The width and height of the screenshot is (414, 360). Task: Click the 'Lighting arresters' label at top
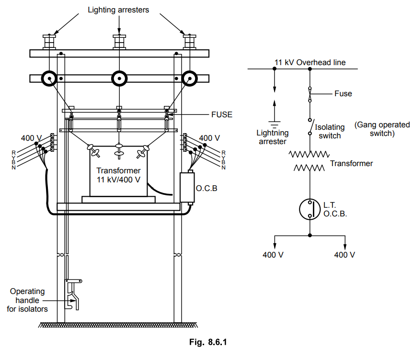(x=118, y=9)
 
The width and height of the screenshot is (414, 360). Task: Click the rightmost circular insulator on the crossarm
(x=190, y=78)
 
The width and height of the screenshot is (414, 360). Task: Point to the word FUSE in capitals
(x=222, y=115)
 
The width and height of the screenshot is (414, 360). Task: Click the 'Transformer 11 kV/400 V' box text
(x=118, y=175)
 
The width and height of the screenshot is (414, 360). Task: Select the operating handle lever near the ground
(x=73, y=292)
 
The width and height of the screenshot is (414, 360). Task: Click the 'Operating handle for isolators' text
(x=27, y=300)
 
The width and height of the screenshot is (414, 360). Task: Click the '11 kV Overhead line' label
(x=310, y=63)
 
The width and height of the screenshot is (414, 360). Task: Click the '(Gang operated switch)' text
(x=382, y=129)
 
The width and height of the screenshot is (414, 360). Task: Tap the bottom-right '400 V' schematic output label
(x=345, y=255)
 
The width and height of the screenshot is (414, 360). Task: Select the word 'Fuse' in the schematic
(x=343, y=94)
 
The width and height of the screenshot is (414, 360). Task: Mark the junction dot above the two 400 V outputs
(x=310, y=236)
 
